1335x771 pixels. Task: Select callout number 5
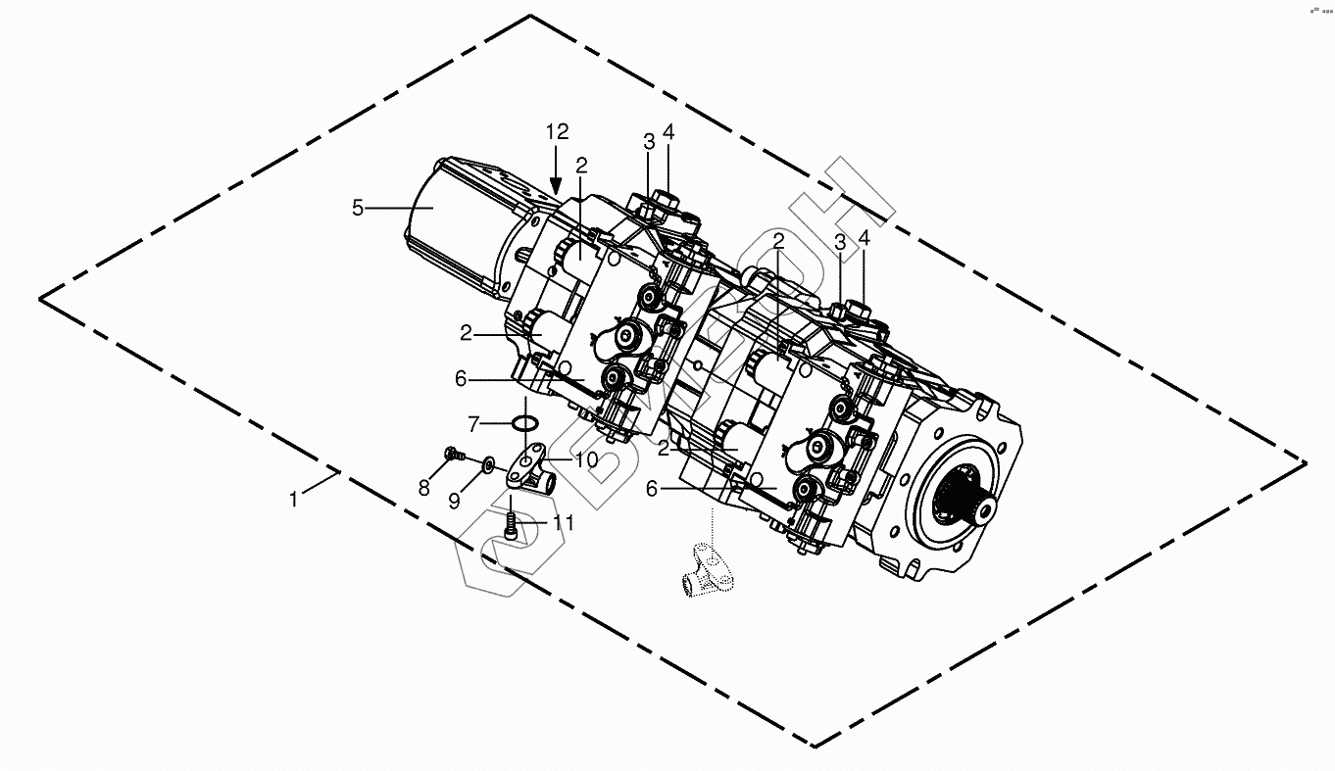coord(359,208)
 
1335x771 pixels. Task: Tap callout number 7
coord(473,424)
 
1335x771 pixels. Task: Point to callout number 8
coord(424,487)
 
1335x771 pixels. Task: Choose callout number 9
coord(455,500)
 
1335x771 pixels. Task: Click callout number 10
coord(585,458)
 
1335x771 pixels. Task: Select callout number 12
coord(557,132)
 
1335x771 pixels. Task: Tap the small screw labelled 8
coord(453,454)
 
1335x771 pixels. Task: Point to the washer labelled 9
coord(488,462)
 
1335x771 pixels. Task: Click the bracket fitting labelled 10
coord(532,465)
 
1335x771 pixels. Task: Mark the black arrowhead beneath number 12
coord(557,184)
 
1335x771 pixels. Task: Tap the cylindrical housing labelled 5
coord(456,225)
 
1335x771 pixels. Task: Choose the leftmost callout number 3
coord(648,141)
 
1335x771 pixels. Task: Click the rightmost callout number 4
coord(864,238)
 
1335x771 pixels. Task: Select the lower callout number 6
coord(653,488)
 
